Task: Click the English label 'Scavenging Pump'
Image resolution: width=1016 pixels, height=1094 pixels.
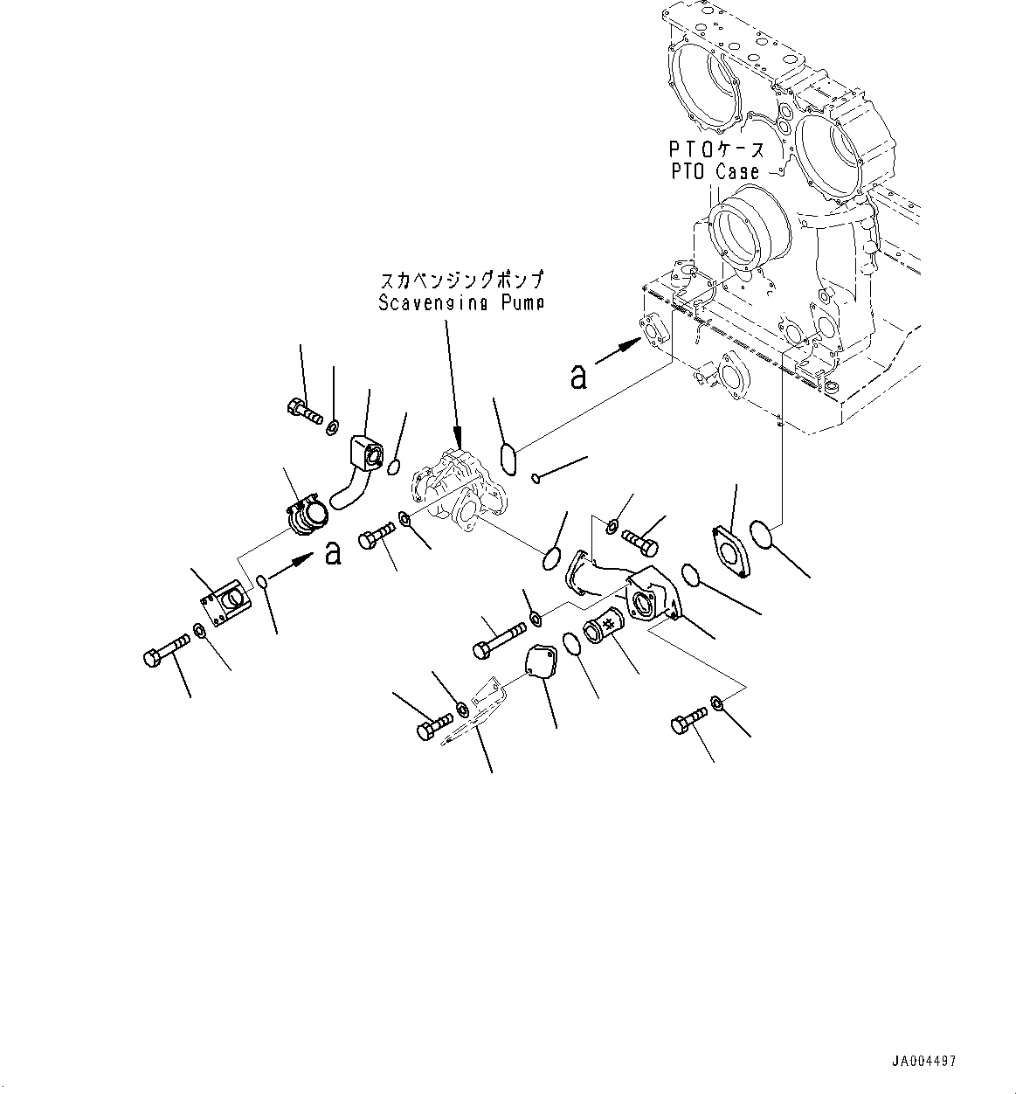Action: tap(460, 303)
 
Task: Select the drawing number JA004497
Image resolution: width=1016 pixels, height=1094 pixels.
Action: tap(923, 1062)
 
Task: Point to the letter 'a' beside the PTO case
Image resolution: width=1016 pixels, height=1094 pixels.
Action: tap(577, 377)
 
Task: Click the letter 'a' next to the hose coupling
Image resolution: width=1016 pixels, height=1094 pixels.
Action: tap(332, 552)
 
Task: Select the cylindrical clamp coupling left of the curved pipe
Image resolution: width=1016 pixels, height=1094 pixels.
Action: tap(306, 516)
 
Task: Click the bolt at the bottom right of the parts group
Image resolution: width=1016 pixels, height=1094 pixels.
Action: tap(689, 724)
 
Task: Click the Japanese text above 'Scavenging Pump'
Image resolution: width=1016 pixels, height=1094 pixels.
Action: tap(461, 282)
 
